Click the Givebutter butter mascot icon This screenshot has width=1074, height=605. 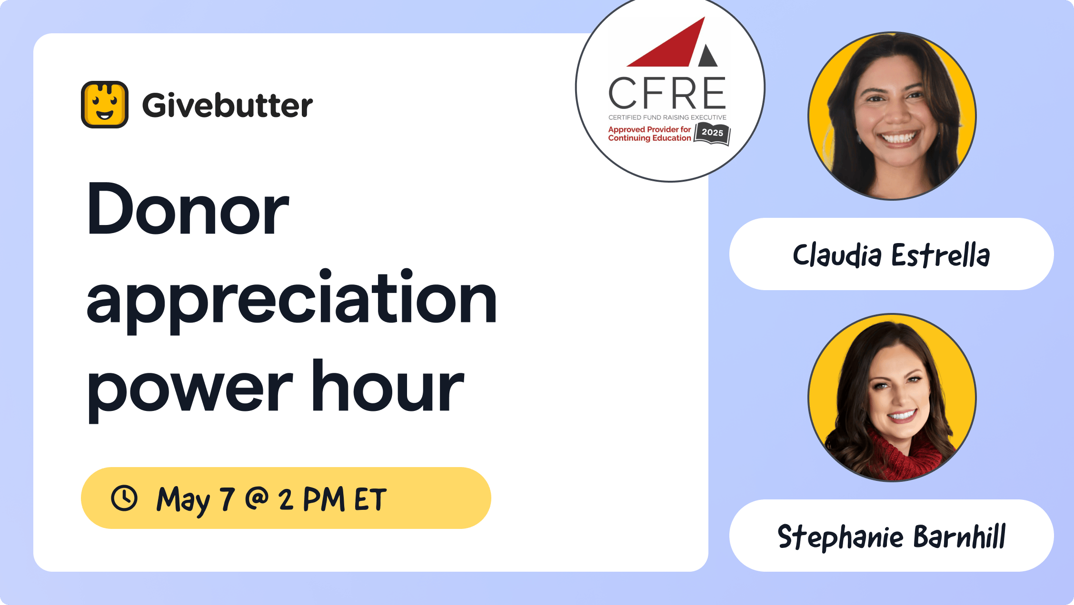[x=105, y=105]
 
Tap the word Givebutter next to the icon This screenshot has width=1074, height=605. [x=228, y=105]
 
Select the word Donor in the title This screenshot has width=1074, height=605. [x=188, y=209]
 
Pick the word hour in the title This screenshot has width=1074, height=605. [x=388, y=385]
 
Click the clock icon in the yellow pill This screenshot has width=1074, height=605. [x=124, y=498]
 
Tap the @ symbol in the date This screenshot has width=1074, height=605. [x=257, y=498]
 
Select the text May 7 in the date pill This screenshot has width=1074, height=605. [x=196, y=500]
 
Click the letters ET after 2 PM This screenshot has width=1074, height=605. [x=370, y=499]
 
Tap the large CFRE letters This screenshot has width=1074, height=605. [x=667, y=93]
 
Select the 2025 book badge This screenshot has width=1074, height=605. [x=712, y=134]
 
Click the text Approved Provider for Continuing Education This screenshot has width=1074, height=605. [x=649, y=134]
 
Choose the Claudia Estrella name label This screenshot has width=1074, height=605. [x=892, y=254]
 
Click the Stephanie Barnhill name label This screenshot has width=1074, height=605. [x=892, y=536]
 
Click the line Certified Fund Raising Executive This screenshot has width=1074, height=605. [x=667, y=117]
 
